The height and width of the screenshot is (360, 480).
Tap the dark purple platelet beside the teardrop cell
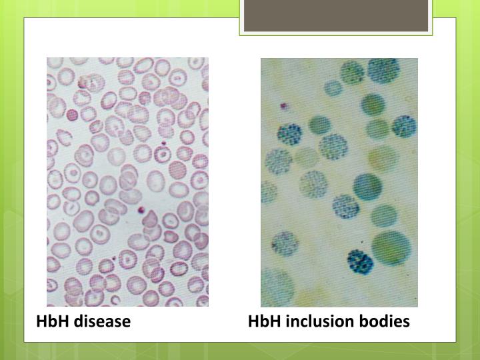pos(141,211)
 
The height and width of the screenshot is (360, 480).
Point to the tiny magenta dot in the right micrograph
pos(283,105)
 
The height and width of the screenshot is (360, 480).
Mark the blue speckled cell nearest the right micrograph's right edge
pos(404,125)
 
